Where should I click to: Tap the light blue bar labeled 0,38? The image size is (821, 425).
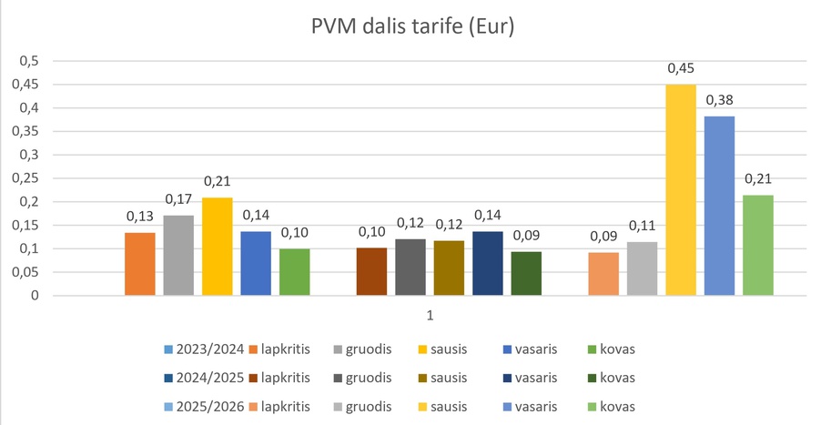tap(719, 206)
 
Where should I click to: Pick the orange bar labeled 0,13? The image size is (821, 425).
tap(139, 264)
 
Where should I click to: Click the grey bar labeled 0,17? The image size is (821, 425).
tap(178, 255)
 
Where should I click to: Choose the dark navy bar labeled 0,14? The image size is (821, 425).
tap(487, 263)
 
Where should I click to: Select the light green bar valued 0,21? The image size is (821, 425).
tap(758, 245)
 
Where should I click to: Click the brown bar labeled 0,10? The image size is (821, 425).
tap(371, 271)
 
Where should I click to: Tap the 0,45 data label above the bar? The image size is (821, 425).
tap(681, 68)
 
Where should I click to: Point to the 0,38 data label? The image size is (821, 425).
tap(719, 100)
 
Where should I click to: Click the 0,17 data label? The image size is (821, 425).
tap(178, 199)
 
